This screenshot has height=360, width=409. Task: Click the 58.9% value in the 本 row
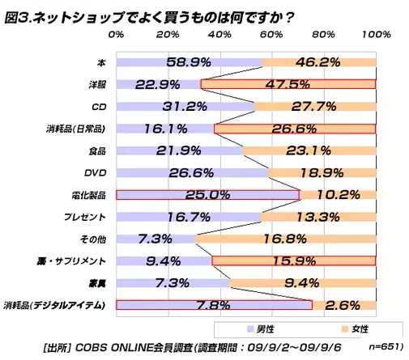(189, 61)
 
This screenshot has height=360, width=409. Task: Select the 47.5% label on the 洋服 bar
(289, 84)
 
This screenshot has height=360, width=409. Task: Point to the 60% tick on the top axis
(271, 35)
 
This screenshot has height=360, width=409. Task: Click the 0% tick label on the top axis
(116, 35)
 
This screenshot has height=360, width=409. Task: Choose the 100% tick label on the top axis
(376, 35)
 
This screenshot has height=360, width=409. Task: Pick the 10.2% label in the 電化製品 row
(341, 195)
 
